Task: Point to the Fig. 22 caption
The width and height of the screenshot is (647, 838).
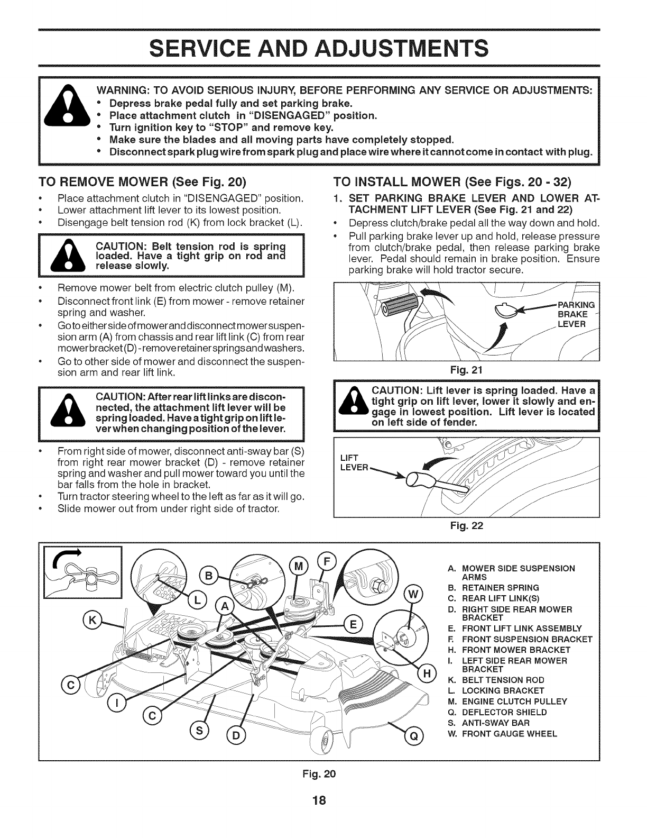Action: click(x=467, y=526)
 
